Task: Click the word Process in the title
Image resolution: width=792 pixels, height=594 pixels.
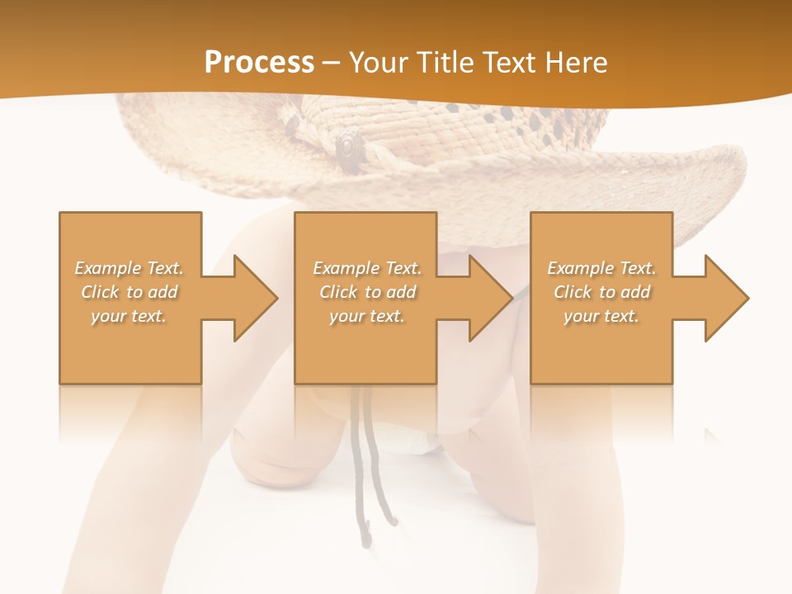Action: pos(259,62)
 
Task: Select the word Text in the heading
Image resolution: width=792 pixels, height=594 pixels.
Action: pos(506,62)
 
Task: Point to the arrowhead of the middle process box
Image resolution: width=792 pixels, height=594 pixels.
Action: pos(489,298)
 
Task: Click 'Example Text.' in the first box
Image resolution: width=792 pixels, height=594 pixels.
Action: pos(130,268)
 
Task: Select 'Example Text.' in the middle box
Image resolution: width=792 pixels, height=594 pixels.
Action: pos(367,268)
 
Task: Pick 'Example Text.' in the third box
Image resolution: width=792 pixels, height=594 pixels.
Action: pos(601,268)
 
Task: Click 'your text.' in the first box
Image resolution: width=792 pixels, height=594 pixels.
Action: pos(129,316)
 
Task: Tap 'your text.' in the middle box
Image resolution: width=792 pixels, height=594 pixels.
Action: pos(367,316)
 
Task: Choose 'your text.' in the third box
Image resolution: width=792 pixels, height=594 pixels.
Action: pos(601,316)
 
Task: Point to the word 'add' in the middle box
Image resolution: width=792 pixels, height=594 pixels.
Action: pos(401,292)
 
